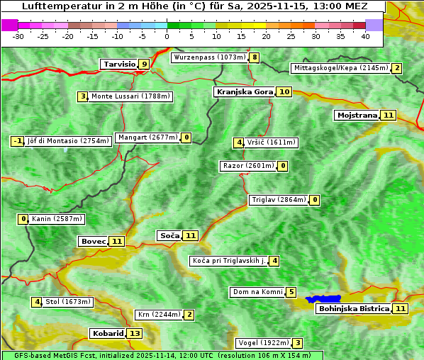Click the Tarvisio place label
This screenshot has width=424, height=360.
point(119,64)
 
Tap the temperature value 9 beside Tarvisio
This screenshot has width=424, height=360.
point(144,64)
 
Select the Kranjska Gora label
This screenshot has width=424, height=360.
point(244,91)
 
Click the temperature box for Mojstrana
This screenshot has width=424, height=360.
point(387,115)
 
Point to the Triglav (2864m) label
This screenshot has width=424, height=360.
point(278,200)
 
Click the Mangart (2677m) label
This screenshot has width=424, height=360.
point(147,137)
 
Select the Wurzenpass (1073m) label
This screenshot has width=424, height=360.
point(210,57)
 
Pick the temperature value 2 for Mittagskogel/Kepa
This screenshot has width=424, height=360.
point(397,68)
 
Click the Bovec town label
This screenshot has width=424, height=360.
point(93,241)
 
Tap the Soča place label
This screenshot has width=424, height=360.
point(169,235)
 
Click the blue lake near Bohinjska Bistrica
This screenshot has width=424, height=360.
point(323,300)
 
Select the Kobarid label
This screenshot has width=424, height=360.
point(107,333)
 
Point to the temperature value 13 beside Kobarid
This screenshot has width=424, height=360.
point(134,333)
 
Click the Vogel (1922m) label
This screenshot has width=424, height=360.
point(263,343)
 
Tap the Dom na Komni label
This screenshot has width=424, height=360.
point(257,292)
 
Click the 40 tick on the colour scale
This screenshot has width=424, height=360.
point(365,36)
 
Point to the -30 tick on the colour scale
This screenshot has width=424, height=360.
point(18,36)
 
